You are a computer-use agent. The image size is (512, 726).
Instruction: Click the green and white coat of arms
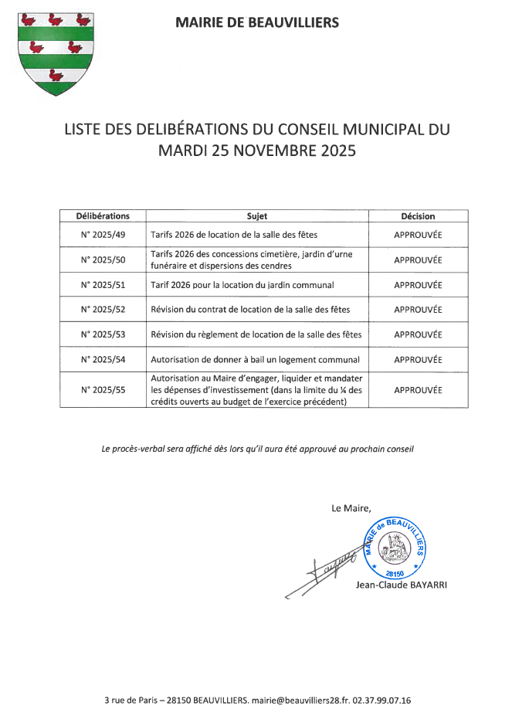point(55,52)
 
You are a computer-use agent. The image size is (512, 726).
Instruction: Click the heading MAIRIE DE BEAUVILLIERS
point(257,23)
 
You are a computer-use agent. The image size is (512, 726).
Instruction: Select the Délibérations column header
point(103,216)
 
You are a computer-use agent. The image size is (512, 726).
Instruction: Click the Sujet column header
point(257,216)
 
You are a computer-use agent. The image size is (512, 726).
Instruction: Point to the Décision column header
point(418,216)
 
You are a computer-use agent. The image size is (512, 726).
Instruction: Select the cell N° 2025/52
point(103,310)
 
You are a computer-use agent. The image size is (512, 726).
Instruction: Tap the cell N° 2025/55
point(103,390)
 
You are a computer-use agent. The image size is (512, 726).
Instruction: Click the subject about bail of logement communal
point(256,359)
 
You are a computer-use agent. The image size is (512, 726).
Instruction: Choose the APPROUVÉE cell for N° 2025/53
point(418,334)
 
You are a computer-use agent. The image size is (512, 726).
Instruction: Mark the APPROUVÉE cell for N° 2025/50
point(418,260)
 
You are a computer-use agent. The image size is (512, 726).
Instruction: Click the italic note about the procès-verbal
point(258,449)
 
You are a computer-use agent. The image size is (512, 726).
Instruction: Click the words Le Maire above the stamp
point(351,507)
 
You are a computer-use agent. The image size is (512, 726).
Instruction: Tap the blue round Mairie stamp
point(394,548)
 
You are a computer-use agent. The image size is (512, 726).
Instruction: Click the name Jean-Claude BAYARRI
point(401,585)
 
